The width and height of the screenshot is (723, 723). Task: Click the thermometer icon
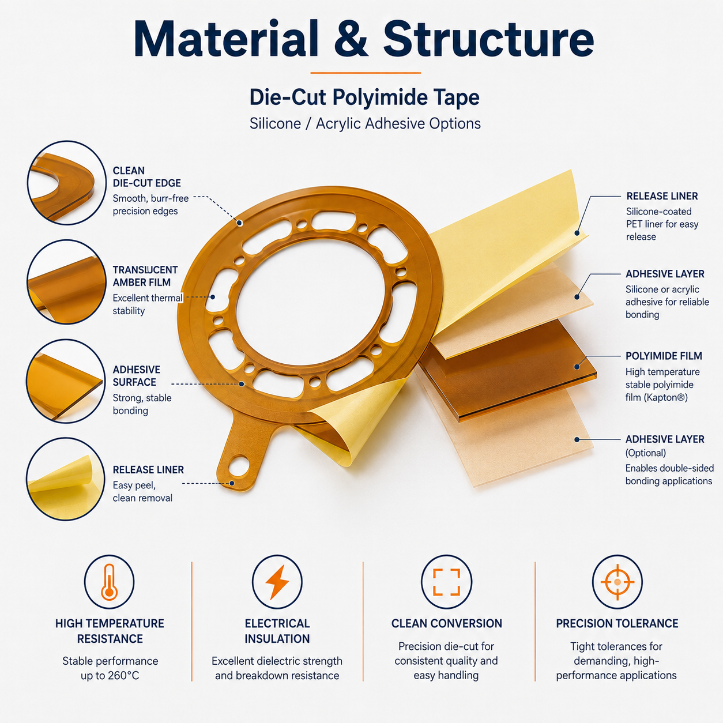click(x=109, y=582)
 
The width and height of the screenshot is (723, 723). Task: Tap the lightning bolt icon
click(x=277, y=582)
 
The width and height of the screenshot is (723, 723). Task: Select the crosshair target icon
click(x=617, y=582)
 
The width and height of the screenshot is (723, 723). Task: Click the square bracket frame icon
click(x=446, y=582)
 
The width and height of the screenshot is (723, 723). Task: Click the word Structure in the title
click(x=488, y=39)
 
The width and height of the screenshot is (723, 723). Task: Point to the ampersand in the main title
click(x=351, y=39)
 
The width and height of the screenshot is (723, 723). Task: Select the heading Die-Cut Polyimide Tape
click(x=364, y=97)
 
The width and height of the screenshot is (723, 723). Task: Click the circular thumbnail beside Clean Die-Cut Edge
click(x=67, y=183)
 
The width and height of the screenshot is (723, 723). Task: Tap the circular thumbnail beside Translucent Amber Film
click(x=66, y=282)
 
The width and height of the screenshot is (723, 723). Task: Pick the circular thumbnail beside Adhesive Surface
click(x=66, y=381)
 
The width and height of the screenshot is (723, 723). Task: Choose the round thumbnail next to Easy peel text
click(x=66, y=479)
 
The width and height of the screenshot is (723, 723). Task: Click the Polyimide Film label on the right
click(x=664, y=356)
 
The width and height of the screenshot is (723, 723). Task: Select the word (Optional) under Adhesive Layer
click(x=645, y=453)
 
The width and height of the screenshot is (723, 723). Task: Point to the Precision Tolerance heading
click(x=617, y=624)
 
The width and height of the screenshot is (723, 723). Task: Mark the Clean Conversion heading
click(x=446, y=624)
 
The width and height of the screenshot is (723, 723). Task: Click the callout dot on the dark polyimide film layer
click(x=577, y=367)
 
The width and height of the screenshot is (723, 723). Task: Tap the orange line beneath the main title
click(x=366, y=73)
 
